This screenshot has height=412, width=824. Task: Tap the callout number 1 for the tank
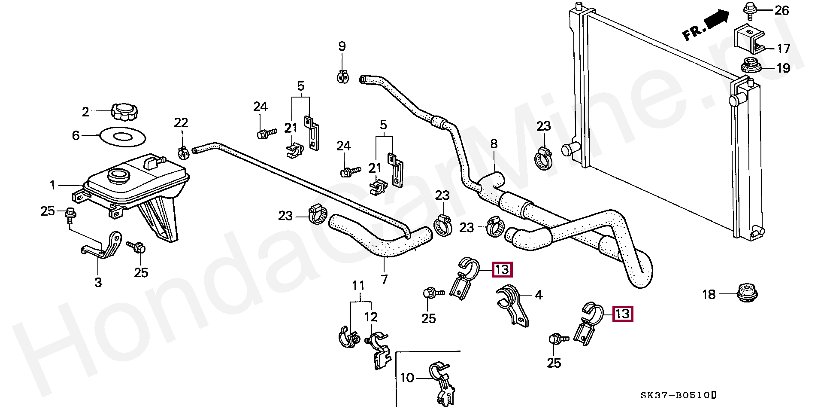(53, 185)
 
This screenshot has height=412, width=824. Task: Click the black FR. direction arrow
(716, 19)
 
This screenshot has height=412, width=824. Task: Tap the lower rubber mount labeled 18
(747, 293)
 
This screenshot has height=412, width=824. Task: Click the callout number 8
(494, 143)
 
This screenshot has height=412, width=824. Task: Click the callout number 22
(181, 123)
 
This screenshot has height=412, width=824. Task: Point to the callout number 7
(384, 279)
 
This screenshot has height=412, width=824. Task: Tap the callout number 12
(371, 317)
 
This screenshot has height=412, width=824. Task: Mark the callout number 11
(358, 286)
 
